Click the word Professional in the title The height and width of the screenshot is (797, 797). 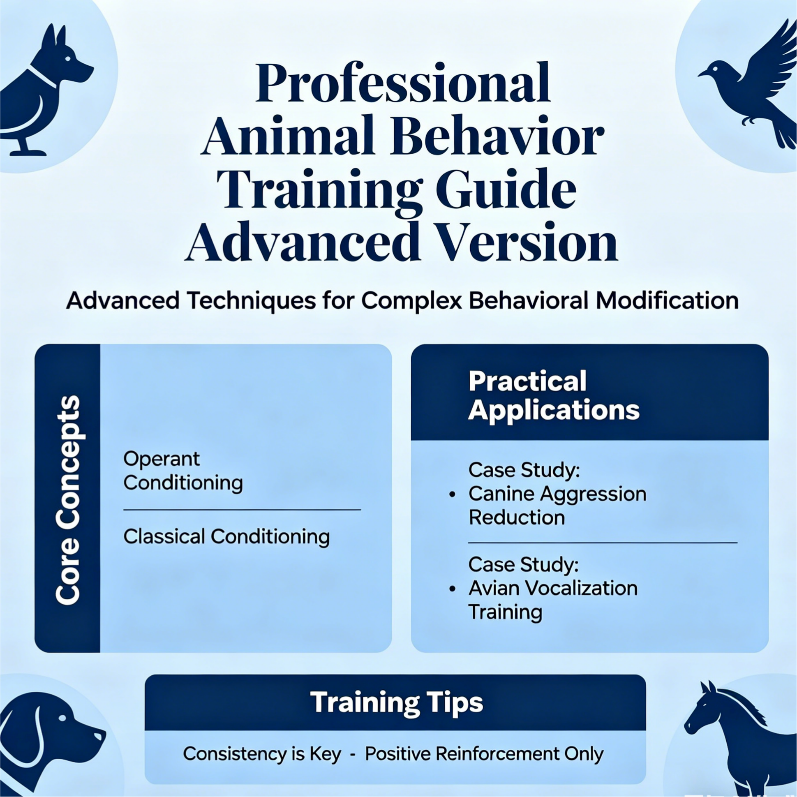click(403, 83)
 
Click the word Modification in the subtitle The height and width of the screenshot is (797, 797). click(667, 300)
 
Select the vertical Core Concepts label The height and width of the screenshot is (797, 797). click(68, 500)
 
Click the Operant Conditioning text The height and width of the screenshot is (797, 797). click(183, 471)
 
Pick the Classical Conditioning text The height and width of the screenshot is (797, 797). click(226, 537)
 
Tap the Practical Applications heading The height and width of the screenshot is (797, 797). click(554, 395)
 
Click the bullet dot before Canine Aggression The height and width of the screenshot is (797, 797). click(453, 494)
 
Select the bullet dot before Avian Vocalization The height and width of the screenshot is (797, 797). click(453, 589)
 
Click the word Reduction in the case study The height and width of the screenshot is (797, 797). click(517, 517)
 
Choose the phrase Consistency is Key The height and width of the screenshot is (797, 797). click(262, 754)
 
